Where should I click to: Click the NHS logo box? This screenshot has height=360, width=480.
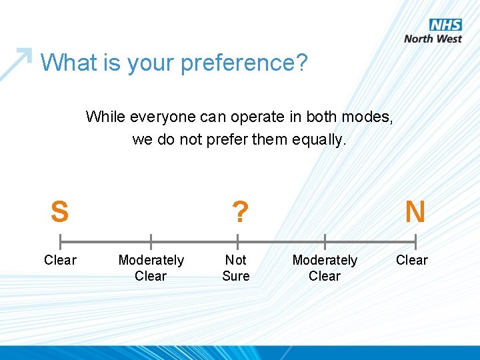tap(445, 25)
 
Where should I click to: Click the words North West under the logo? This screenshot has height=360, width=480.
tap(433, 39)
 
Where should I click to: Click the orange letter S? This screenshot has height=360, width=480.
tap(59, 212)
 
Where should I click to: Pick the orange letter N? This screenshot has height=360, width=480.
tap(415, 212)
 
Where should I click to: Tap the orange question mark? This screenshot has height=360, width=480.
tap(239, 213)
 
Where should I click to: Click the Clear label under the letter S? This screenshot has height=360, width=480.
tap(60, 260)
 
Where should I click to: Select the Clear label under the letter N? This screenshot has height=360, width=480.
tap(412, 260)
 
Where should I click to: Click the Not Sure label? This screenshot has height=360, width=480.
tap(236, 268)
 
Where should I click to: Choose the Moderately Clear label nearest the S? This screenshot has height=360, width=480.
tap(151, 268)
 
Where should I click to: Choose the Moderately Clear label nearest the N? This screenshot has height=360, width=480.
tap(325, 268)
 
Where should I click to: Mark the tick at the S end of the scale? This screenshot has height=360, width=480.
tap(60, 241)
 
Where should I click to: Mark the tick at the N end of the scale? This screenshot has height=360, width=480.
tap(415, 241)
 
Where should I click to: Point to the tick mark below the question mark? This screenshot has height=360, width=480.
tap(237, 241)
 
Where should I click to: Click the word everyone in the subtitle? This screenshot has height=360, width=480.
tap(159, 117)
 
